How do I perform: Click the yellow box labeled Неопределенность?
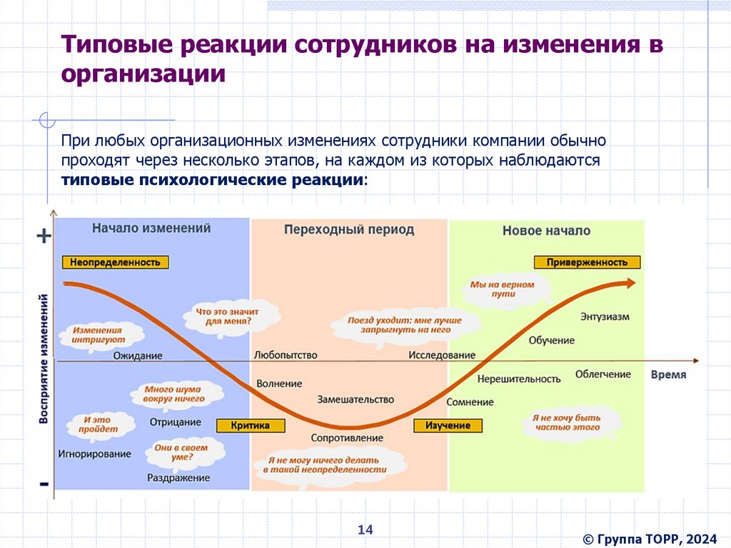116,262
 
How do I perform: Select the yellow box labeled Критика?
251,426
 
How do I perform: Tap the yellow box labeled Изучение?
448,426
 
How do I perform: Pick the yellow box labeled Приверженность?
587,262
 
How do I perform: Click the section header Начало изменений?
151,229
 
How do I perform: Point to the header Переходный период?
348,230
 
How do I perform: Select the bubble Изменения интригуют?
97,335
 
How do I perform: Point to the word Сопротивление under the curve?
347,437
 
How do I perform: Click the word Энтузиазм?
605,316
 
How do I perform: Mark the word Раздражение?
178,477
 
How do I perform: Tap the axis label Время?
668,374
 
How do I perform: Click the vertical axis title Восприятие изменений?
44,357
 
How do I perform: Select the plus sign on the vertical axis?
44,236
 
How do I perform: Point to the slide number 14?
365,529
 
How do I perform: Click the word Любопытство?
286,355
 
